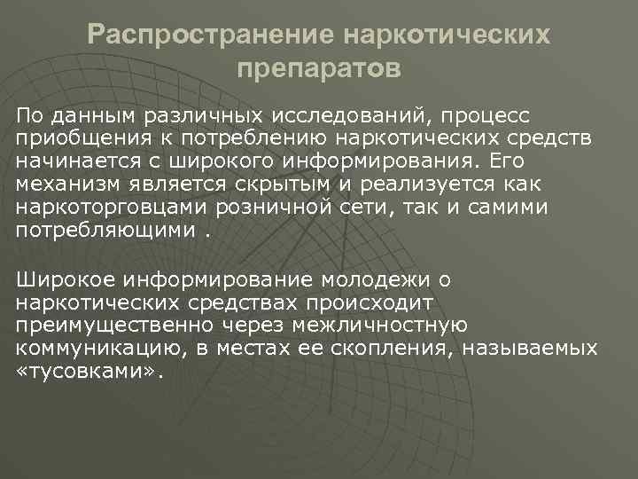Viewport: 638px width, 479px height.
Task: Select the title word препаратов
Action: click(x=319, y=67)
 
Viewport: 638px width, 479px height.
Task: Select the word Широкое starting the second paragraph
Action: click(x=61, y=281)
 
